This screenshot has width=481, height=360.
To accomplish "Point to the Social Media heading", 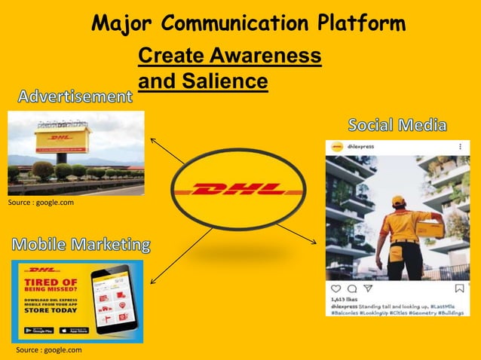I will (x=397, y=125).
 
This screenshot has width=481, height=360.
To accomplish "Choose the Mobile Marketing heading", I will (x=80, y=245).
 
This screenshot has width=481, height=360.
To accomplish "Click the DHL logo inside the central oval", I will (x=237, y=189).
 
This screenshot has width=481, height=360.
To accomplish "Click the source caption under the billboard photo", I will (x=41, y=203).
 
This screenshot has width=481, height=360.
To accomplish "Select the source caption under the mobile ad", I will (x=48, y=349).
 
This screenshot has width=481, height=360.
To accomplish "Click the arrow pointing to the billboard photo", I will (x=167, y=150).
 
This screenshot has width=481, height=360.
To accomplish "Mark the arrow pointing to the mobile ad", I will (x=181, y=256).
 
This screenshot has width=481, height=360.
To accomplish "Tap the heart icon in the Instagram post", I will (x=335, y=288).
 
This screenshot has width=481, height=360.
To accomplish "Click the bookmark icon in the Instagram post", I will (x=460, y=288).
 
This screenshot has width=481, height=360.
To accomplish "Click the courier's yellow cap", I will (x=398, y=201).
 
